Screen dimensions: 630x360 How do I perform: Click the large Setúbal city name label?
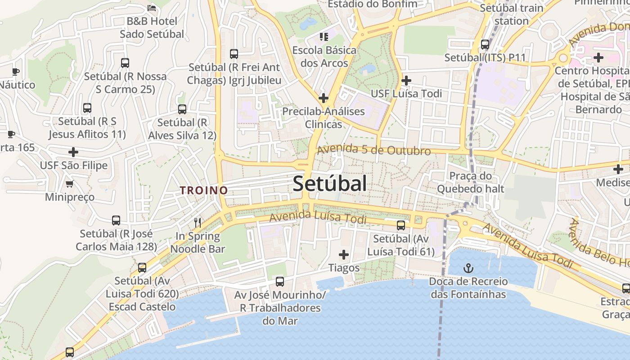pos(330,184)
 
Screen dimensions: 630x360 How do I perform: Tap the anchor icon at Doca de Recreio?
pos(468,269)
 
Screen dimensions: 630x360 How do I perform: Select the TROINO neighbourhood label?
pos(204,190)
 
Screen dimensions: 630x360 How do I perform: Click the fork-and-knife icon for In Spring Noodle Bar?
pos(197,222)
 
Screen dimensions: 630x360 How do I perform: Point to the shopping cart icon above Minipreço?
pos(70,184)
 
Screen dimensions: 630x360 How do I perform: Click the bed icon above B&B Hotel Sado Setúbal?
pos(152,8)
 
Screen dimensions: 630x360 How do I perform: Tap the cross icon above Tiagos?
pos(344,255)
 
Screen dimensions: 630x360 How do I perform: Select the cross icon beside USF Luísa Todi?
pos(406,81)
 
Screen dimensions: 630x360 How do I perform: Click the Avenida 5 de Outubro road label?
pos(373,150)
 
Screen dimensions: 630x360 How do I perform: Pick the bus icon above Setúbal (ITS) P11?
pos(485,45)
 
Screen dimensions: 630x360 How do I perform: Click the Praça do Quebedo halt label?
pos(470,182)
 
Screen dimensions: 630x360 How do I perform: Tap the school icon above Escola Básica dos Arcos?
pos(324,36)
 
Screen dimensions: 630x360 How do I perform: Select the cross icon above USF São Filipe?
pos(73,152)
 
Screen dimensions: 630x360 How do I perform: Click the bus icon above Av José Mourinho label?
pos(280,282)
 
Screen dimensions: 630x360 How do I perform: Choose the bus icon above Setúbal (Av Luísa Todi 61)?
pos(401,225)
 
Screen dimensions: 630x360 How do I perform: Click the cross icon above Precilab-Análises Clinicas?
pos(324,98)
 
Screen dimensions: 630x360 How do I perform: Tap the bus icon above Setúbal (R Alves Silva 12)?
pos(182,109)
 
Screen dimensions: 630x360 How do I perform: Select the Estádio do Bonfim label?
pos(372,4)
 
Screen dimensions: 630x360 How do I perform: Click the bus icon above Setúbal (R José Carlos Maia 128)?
pos(116,220)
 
